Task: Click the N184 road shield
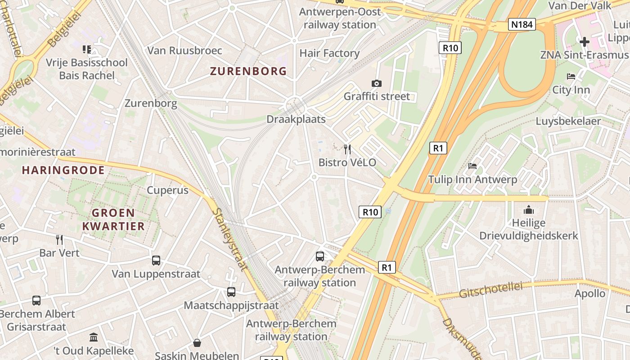point(522,24)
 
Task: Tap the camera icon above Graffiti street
point(377,83)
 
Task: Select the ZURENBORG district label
point(248,71)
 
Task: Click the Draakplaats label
point(296,119)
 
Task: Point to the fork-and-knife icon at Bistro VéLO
point(347,149)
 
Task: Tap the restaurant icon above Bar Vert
point(59,239)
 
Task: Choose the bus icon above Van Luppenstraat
point(156,260)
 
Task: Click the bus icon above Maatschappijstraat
point(231,292)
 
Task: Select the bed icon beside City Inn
point(571,76)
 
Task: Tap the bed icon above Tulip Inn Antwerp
point(472,166)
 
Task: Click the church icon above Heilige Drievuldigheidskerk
point(529,210)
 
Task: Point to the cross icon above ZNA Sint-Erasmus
point(585,42)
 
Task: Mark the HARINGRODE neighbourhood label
point(63,170)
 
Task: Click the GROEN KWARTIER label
point(113,219)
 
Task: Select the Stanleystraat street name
point(229,239)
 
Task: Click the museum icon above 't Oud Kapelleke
point(94,337)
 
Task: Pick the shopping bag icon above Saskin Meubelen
point(197,343)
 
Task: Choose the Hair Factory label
point(329,53)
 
